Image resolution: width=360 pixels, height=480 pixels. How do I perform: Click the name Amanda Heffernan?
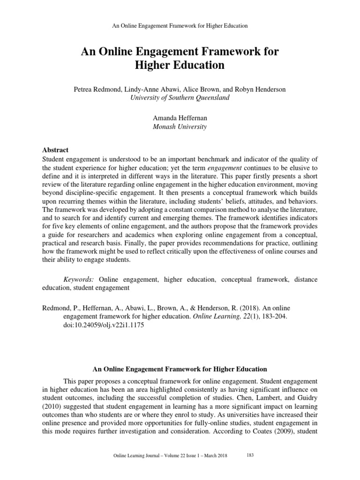click(180, 118)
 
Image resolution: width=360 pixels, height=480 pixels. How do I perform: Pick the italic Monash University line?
click(180, 127)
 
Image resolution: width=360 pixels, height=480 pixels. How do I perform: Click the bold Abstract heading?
click(55, 150)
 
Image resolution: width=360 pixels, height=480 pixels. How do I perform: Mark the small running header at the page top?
click(180, 26)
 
